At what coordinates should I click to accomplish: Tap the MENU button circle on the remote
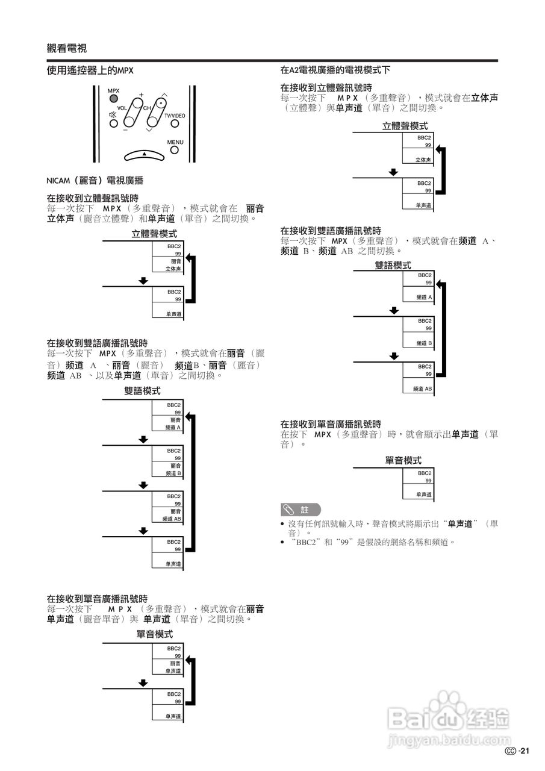click(175, 150)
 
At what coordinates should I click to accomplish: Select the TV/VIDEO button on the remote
click(175, 123)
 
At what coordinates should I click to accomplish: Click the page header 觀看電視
click(66, 49)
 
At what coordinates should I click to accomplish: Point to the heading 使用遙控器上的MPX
click(90, 70)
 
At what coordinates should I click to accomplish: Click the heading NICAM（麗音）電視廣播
click(95, 180)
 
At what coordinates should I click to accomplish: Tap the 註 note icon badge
click(301, 510)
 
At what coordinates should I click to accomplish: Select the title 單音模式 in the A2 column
click(403, 460)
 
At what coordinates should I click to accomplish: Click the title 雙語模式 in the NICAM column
click(143, 391)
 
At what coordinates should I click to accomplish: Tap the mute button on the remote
click(113, 115)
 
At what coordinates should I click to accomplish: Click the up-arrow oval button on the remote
click(144, 155)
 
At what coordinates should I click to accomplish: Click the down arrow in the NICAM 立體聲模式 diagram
click(143, 280)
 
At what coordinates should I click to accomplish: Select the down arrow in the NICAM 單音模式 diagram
click(143, 683)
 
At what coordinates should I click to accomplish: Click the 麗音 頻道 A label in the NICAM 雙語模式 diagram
click(174, 423)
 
